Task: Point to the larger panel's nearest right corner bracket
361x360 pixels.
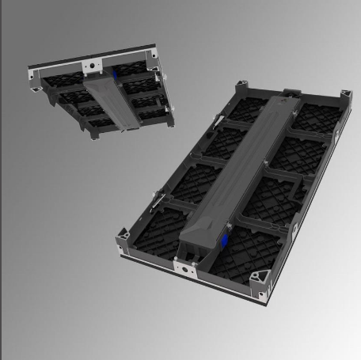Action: (x=260, y=281)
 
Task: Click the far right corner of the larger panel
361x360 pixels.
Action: (x=346, y=97)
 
